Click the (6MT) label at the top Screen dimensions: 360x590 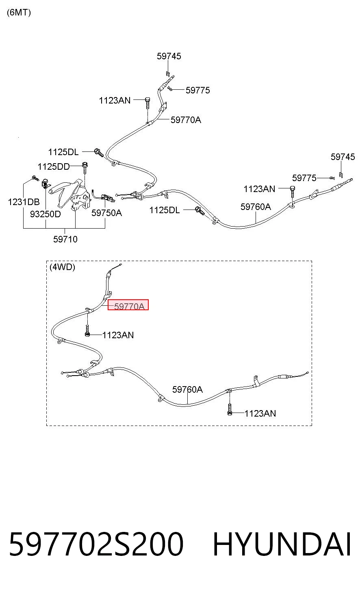pyautogui.click(x=19, y=12)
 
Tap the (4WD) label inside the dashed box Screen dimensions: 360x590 pyautogui.click(x=62, y=267)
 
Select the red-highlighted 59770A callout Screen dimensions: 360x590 pyautogui.click(x=128, y=305)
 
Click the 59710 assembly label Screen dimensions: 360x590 pyautogui.click(x=65, y=239)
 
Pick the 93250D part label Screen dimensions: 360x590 pyautogui.click(x=46, y=214)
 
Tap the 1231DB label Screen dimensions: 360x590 pyautogui.click(x=24, y=202)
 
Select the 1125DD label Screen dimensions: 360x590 pyautogui.click(x=54, y=166)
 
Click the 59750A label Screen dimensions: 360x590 pyautogui.click(x=107, y=213)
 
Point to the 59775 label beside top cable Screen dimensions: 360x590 pyautogui.click(x=197, y=90)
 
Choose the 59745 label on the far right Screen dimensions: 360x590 pyautogui.click(x=343, y=157)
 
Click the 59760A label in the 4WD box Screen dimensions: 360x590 pyautogui.click(x=187, y=389)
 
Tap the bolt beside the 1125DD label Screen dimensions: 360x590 pyautogui.click(x=85, y=168)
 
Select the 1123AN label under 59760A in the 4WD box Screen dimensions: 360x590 pyautogui.click(x=260, y=413)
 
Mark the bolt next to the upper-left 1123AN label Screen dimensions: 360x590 pyautogui.click(x=147, y=103)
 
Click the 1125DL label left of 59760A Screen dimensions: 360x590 pyautogui.click(x=165, y=210)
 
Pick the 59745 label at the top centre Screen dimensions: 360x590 pyautogui.click(x=169, y=56)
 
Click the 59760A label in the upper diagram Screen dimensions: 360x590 pyautogui.click(x=256, y=207)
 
